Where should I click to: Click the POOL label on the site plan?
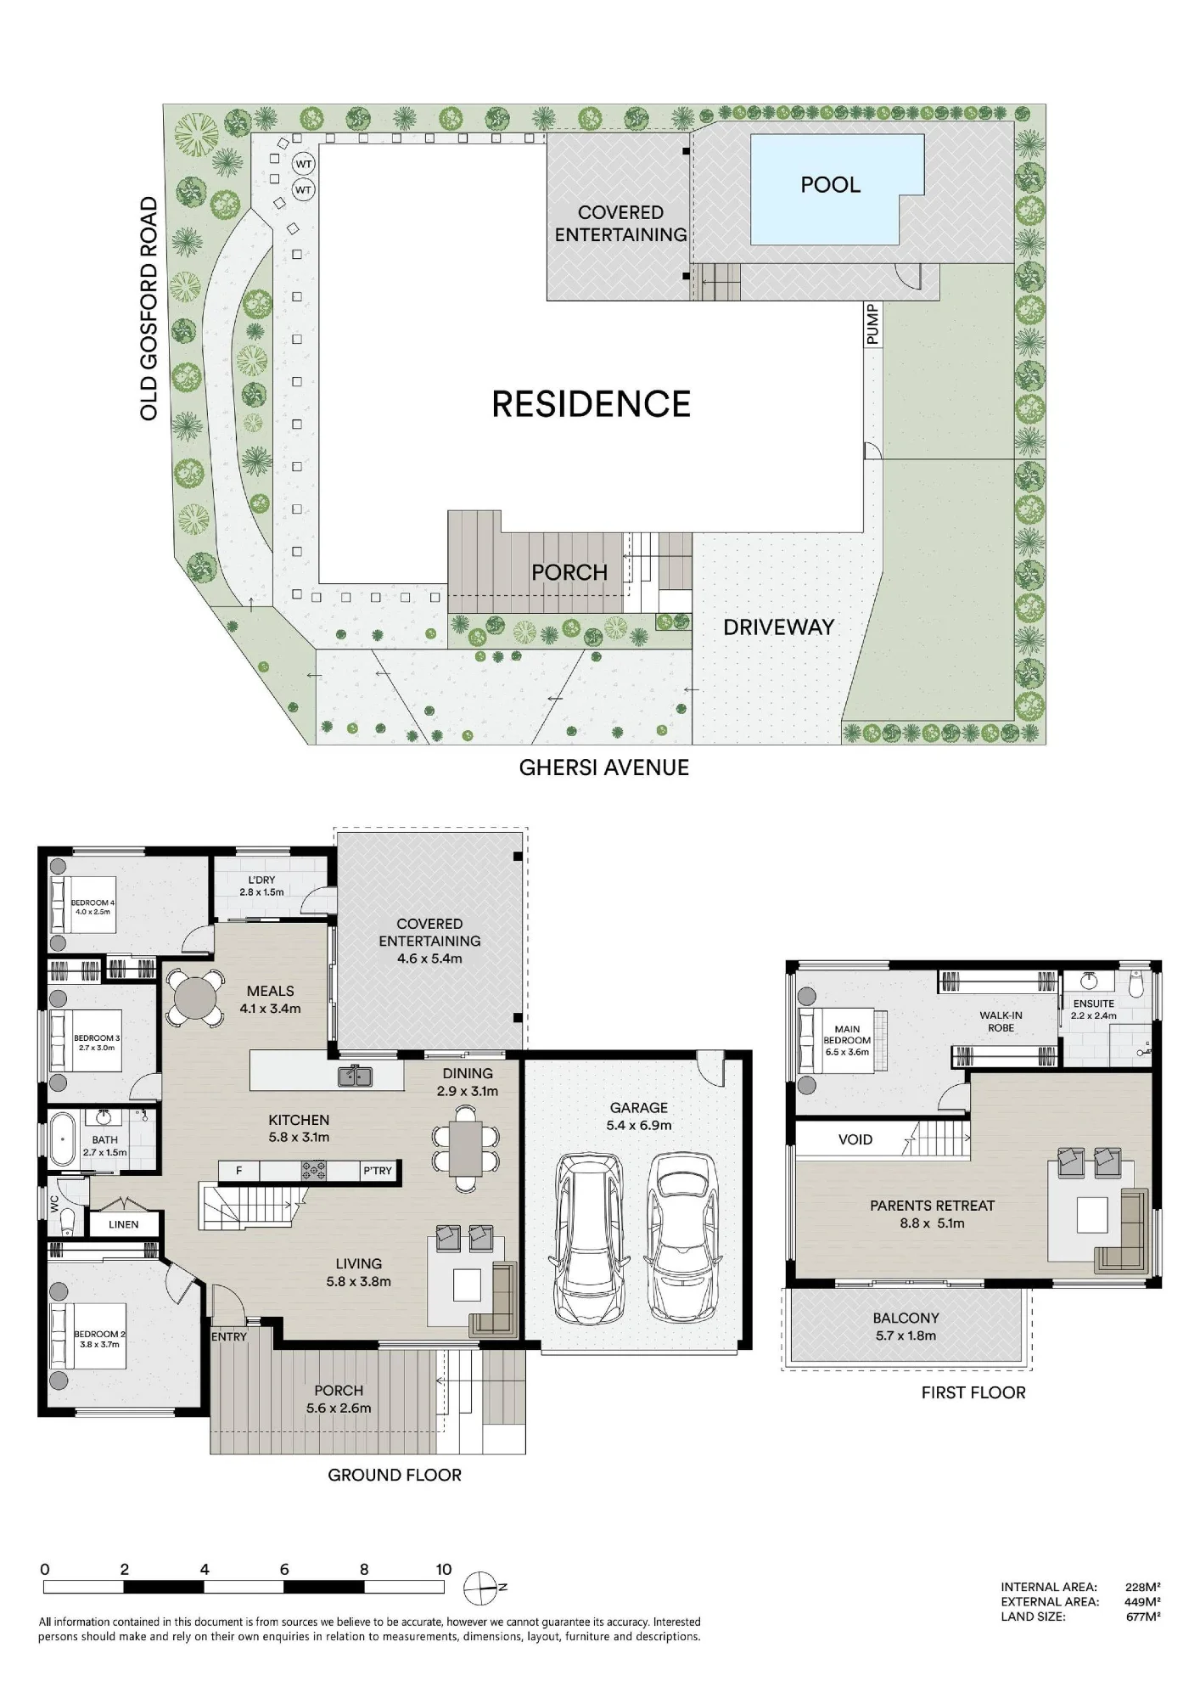point(830,185)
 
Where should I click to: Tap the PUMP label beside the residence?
point(872,324)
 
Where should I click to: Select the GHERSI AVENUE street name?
point(603,767)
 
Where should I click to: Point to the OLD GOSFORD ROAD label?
point(149,308)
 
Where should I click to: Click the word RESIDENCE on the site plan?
point(592,404)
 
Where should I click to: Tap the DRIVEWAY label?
point(778,627)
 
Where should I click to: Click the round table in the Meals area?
point(195,998)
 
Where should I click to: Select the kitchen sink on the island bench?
point(356,1076)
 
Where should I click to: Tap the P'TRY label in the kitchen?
point(378,1171)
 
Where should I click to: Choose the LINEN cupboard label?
point(124,1224)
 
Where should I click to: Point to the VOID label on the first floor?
point(855,1139)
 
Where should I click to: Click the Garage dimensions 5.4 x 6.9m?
point(638,1126)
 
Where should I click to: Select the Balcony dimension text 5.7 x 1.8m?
point(906,1335)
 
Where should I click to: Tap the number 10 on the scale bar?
point(444,1570)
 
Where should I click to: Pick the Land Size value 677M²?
point(1143,1616)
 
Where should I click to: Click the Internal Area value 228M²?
point(1143,1587)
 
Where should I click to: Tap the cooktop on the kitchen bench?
point(314,1172)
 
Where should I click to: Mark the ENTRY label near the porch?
point(229,1336)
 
